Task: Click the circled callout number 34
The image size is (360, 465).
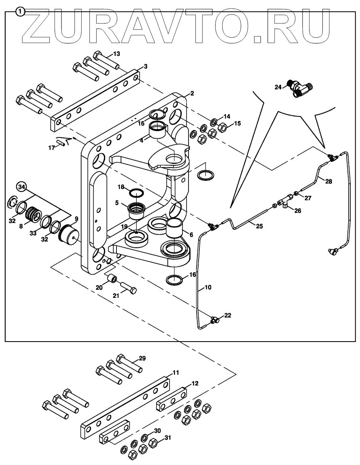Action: click(21, 187)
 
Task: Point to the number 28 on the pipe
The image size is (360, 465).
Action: click(328, 181)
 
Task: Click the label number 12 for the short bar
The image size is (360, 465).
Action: click(195, 383)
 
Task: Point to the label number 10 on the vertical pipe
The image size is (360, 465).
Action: click(208, 287)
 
